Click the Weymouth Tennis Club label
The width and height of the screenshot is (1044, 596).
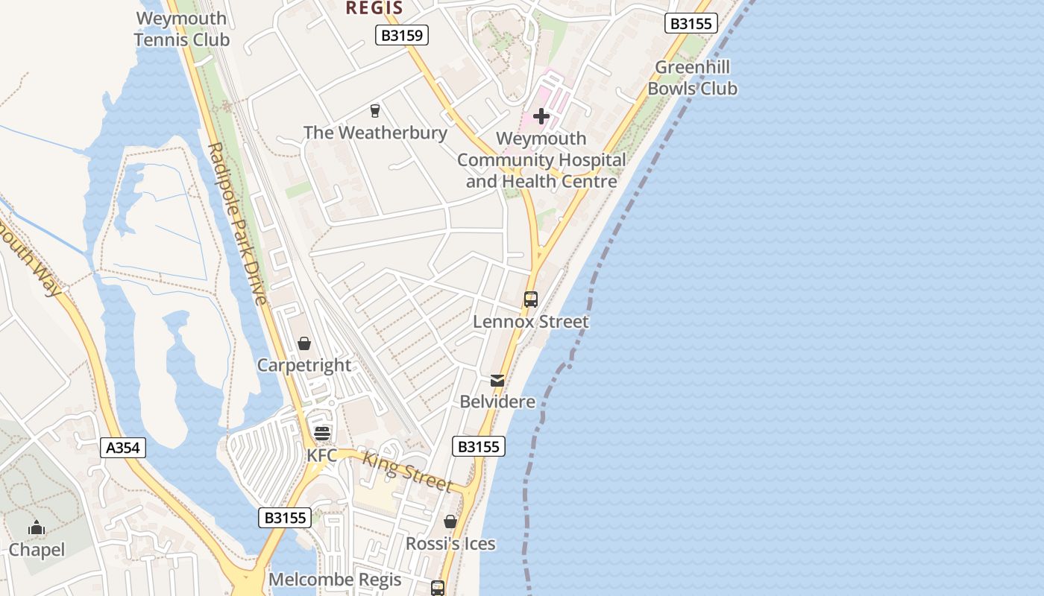coord(182,28)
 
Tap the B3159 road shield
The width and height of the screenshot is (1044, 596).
coord(402,35)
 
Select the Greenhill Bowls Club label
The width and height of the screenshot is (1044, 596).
coord(692,77)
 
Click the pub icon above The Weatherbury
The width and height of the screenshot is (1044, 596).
coord(375,111)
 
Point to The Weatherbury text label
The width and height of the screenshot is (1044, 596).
coord(375,133)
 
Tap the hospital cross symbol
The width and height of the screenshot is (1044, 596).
coord(541,116)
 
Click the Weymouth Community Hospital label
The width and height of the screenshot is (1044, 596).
coord(541,159)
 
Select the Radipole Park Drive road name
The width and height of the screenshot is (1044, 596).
coord(238,223)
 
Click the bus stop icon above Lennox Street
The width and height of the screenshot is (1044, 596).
coord(531,299)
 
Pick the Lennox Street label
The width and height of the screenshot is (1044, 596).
coord(531,322)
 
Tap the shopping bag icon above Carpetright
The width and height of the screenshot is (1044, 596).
coord(304,343)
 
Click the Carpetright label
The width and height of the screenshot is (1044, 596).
coord(304,365)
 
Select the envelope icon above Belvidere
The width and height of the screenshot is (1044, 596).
coord(497,380)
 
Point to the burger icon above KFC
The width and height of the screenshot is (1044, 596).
coord(322,433)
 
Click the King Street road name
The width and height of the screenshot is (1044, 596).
coord(407,472)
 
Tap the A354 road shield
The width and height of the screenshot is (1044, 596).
coord(123,448)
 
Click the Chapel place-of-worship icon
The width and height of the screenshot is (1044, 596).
coord(37,528)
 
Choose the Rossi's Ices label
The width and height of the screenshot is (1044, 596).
coord(450,544)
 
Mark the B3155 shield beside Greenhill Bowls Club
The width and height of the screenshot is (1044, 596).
coord(691,24)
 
